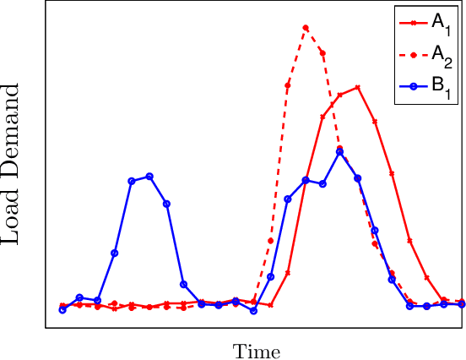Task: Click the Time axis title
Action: [257, 351]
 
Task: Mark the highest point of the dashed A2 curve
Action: [306, 28]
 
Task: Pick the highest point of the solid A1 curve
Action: [359, 87]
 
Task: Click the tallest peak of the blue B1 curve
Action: [339, 151]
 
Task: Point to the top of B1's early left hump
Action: [149, 176]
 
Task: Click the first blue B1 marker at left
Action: [62, 309]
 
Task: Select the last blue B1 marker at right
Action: [462, 304]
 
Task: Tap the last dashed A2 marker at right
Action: [462, 302]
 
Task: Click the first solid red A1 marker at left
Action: [62, 305]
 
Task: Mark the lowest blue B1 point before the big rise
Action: [253, 310]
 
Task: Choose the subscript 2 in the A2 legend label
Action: [449, 61]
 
